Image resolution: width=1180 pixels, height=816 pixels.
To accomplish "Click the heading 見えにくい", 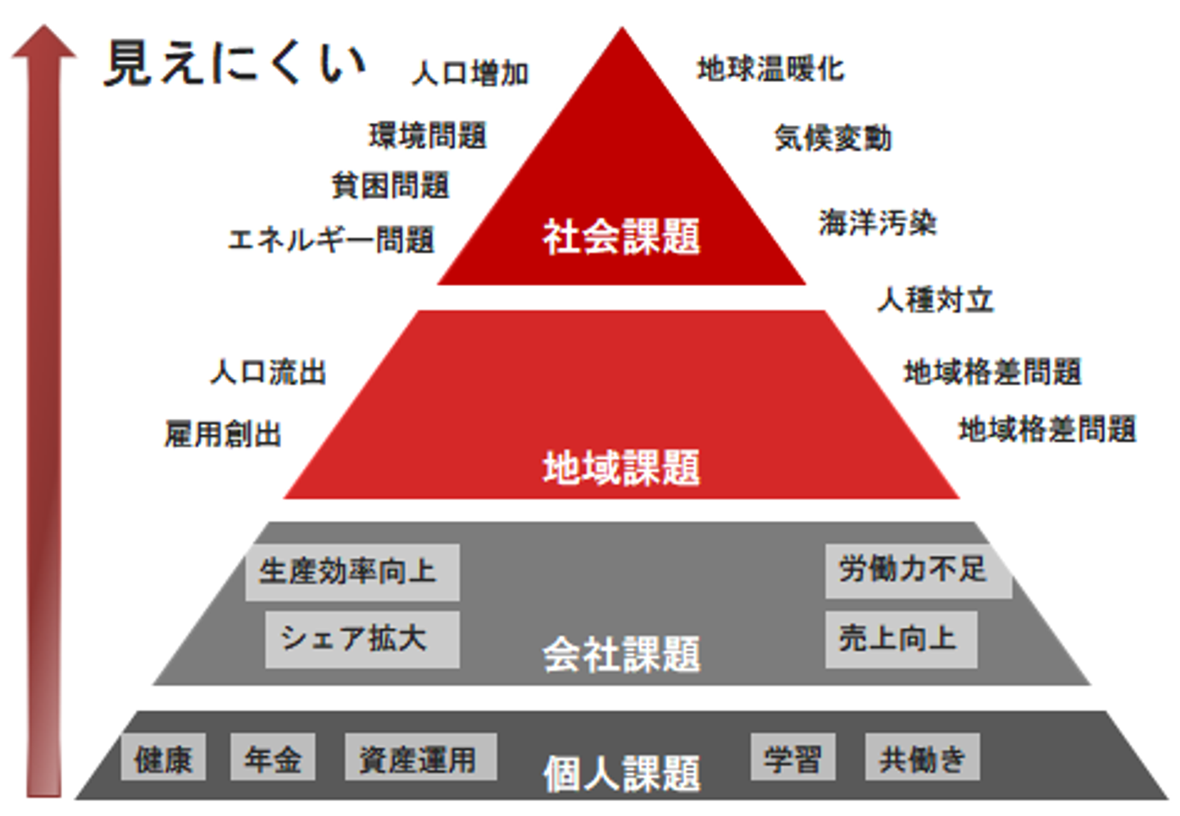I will (234, 64).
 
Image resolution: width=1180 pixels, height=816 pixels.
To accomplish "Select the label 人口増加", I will (470, 74).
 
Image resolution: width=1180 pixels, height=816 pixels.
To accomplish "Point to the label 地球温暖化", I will (770, 70).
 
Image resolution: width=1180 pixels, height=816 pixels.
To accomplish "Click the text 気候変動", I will (833, 138).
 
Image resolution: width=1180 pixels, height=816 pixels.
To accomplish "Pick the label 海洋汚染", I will (878, 222).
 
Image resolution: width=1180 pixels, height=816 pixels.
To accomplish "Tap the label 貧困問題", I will (391, 186).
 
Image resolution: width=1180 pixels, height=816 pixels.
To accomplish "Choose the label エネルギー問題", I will (331, 240).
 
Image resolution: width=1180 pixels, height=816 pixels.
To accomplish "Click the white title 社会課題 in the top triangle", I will (621, 238).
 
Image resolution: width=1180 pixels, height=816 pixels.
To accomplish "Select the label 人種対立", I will (935, 300).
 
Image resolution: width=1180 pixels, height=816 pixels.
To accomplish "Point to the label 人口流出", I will (268, 373).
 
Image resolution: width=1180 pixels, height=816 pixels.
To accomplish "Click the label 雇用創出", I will (223, 434).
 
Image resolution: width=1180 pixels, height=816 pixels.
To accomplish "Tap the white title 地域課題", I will (621, 469).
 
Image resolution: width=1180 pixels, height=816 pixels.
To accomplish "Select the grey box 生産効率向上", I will (352, 572).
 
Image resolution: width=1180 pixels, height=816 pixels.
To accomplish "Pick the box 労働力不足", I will (917, 569).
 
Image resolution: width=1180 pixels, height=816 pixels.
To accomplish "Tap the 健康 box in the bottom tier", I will (163, 759).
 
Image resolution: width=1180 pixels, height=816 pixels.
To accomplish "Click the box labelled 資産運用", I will (420, 759).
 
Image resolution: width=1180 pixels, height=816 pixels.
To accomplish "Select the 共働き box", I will (922, 759).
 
